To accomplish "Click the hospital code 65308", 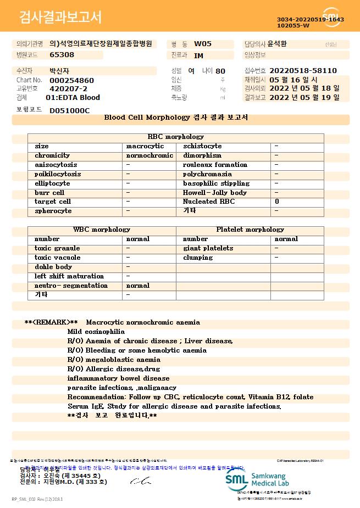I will [x=62, y=55].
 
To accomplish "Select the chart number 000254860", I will [x=71, y=80].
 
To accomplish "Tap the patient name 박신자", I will [x=60, y=71].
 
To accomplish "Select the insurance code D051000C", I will [x=69, y=110].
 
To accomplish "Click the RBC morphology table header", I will [x=176, y=137].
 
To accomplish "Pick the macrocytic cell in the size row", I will [x=145, y=146].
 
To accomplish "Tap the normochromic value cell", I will [x=149, y=155].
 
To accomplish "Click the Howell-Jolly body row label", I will [x=215, y=193].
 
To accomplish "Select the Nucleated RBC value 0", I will [x=276, y=202].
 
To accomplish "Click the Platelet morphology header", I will [x=250, y=230].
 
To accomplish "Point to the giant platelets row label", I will [x=208, y=248].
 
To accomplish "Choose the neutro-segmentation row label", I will [x=71, y=286].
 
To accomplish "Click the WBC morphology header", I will [x=102, y=230].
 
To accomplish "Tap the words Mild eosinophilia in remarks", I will [x=96, y=332].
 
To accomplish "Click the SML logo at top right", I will [x=331, y=16].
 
